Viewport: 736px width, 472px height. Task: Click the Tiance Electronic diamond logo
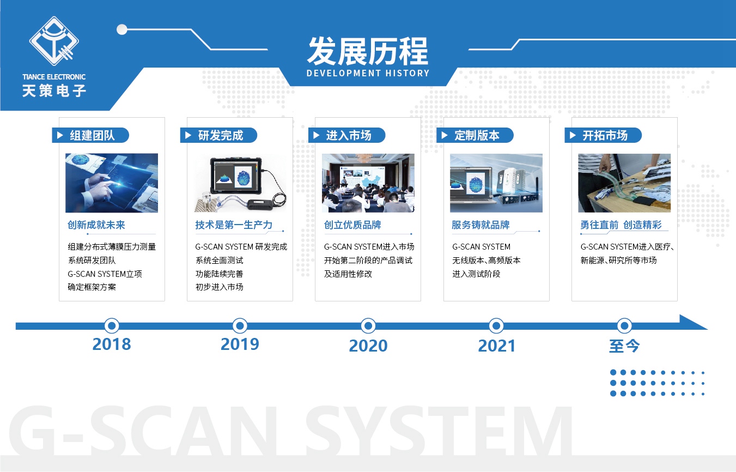[54, 41]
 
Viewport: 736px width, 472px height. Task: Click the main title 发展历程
[368, 51]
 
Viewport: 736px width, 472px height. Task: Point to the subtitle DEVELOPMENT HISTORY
[368, 73]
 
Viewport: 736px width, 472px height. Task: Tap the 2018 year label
[112, 344]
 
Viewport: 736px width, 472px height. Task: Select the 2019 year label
[240, 344]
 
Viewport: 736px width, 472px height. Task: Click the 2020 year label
[368, 346]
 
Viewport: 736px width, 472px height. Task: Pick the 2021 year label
[496, 346]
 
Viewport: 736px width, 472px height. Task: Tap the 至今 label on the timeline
[624, 346]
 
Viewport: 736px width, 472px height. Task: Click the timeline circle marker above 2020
[368, 326]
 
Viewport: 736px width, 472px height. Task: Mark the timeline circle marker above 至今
[624, 326]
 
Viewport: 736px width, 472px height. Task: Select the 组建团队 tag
[90, 135]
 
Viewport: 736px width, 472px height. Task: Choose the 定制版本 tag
[475, 135]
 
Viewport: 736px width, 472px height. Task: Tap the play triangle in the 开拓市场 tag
[573, 135]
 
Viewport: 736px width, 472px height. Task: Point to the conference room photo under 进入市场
[368, 183]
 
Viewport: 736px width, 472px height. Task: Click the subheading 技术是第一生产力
[234, 225]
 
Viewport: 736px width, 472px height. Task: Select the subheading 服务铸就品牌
[480, 225]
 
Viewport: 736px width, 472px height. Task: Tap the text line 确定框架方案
[92, 287]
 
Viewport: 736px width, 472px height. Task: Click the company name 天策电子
[54, 90]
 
